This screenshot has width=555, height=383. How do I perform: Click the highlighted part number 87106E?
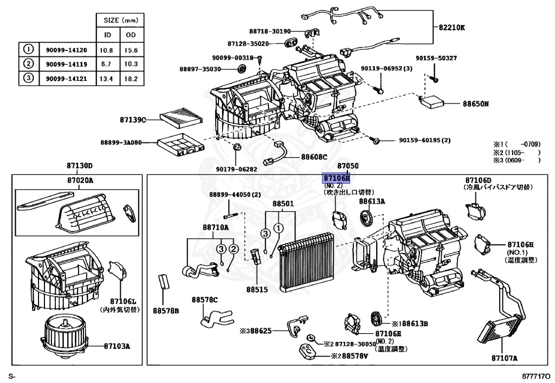tap(337, 178)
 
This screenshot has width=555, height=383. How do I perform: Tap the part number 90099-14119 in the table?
tap(64, 64)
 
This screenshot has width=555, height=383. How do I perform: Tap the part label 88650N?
tap(475, 103)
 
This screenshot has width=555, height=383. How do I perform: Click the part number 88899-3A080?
tap(120, 142)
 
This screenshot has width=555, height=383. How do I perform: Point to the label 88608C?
tap(314, 157)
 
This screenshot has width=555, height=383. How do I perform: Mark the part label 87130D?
tap(80, 165)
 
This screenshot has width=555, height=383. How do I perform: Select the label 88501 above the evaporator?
tap(282, 205)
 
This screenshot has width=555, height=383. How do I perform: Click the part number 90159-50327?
tap(436, 58)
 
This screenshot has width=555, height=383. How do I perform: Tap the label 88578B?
tap(165, 310)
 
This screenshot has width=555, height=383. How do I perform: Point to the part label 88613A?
tap(372, 201)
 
